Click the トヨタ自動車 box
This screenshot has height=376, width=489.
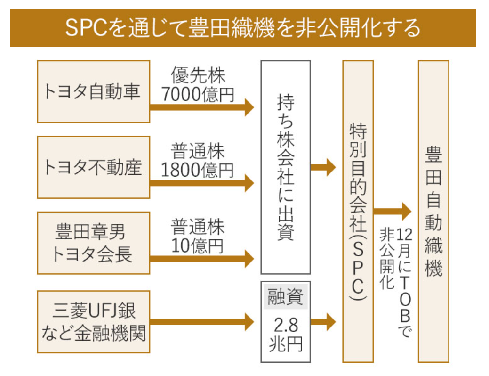pyautogui.click(x=93, y=91)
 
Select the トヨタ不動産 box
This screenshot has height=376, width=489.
pyautogui.click(x=93, y=167)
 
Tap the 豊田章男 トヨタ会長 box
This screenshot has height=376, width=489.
pyautogui.click(x=93, y=243)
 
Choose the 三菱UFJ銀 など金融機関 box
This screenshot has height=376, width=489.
pyautogui.click(x=93, y=322)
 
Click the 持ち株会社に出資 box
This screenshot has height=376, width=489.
pyautogui.click(x=286, y=167)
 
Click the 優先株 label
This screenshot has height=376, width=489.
pyautogui.click(x=198, y=75)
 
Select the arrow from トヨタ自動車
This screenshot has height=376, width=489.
pyautogui.click(x=202, y=107)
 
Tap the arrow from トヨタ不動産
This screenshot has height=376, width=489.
pyautogui.click(x=202, y=183)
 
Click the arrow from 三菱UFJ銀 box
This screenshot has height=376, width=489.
pyautogui.click(x=202, y=322)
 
